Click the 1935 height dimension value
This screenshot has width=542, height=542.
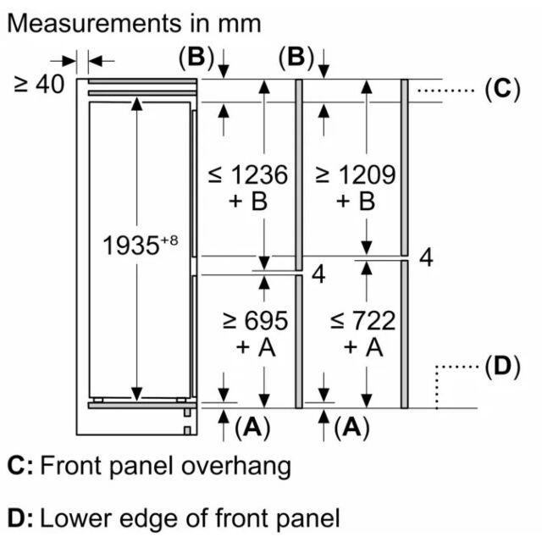pos(131,246)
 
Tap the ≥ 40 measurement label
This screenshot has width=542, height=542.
pos(39,84)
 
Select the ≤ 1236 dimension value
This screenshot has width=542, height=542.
pos(248,174)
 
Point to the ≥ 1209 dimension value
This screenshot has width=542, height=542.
pos(356,174)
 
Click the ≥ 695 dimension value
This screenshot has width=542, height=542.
pos(256,321)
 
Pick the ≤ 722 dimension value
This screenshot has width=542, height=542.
pos(363,321)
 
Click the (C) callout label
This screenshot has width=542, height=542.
pos(502,90)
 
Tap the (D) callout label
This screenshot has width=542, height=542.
pos(502,367)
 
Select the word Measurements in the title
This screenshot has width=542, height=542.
pos(94,24)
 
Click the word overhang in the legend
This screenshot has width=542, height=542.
pos(236,467)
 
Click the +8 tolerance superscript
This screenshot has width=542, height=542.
pos(169,240)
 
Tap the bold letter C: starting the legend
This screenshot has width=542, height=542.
pos(20,466)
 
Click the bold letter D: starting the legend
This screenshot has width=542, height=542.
pos(20,518)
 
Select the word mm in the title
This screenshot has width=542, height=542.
pos(239,25)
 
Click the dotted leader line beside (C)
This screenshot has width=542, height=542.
pos(445,91)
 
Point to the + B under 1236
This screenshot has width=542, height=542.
pos(248,202)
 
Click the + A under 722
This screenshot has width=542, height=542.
pos(363,347)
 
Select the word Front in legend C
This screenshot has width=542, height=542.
pos(70,466)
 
